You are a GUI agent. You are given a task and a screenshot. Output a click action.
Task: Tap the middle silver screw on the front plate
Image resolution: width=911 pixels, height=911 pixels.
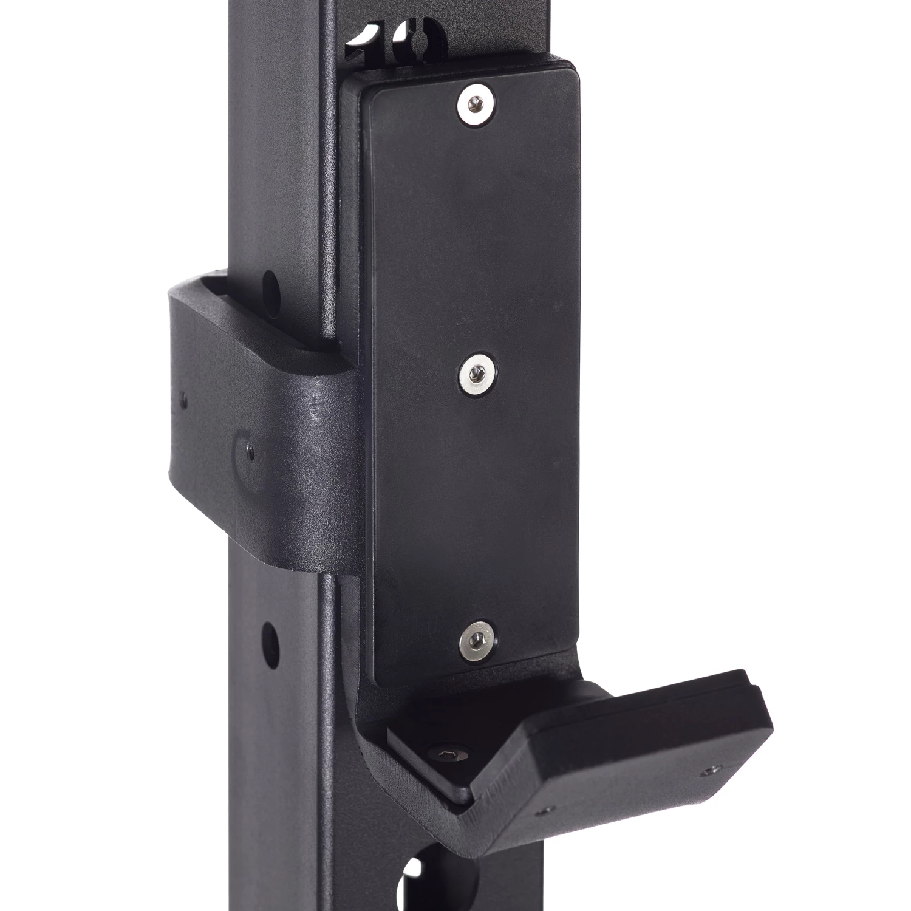477,369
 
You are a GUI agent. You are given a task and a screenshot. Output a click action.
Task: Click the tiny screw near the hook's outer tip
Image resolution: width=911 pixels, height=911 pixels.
707,770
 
